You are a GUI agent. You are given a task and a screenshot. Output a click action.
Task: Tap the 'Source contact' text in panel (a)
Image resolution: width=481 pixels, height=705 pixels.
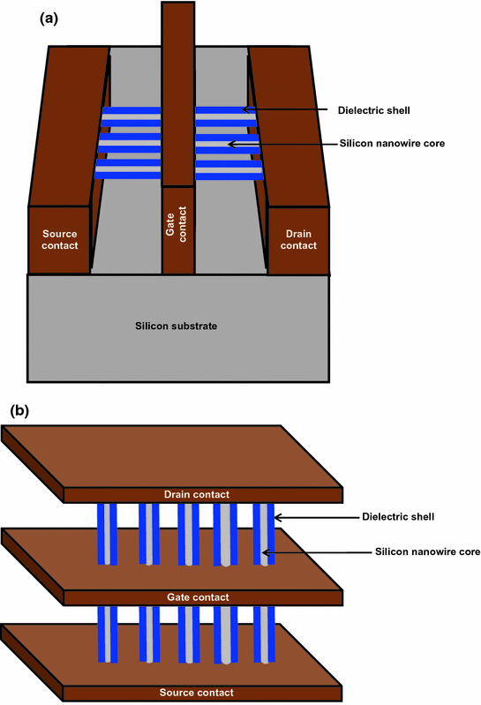[x=60, y=239]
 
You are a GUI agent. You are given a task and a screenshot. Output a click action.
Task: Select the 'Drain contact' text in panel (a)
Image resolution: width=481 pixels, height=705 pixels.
[x=299, y=239]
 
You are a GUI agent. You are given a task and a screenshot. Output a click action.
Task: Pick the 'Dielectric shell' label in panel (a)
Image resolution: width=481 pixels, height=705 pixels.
[x=374, y=110]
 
